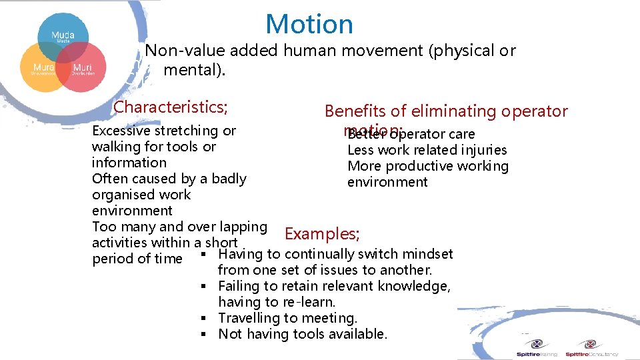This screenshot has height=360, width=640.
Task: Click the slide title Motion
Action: point(309,25)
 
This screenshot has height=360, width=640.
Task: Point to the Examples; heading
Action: point(322,234)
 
